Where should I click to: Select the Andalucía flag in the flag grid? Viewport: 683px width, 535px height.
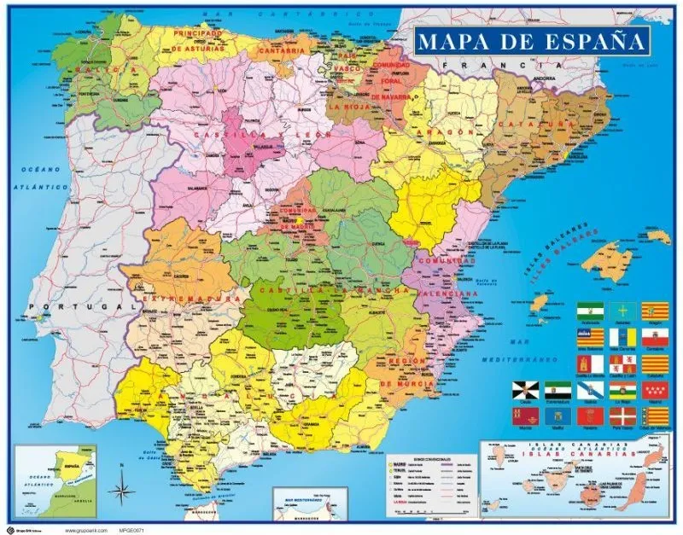pos(591,310)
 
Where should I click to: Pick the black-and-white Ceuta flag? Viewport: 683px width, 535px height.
pos(523,391)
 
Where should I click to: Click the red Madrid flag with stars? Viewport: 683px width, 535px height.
pos(656,391)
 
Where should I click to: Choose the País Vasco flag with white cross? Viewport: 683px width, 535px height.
pos(623,416)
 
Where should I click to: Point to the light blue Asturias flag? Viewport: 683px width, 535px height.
pos(623,310)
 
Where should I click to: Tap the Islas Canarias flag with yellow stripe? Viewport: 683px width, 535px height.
pos(623,338)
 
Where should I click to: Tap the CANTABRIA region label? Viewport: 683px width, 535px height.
pos(280,50)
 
